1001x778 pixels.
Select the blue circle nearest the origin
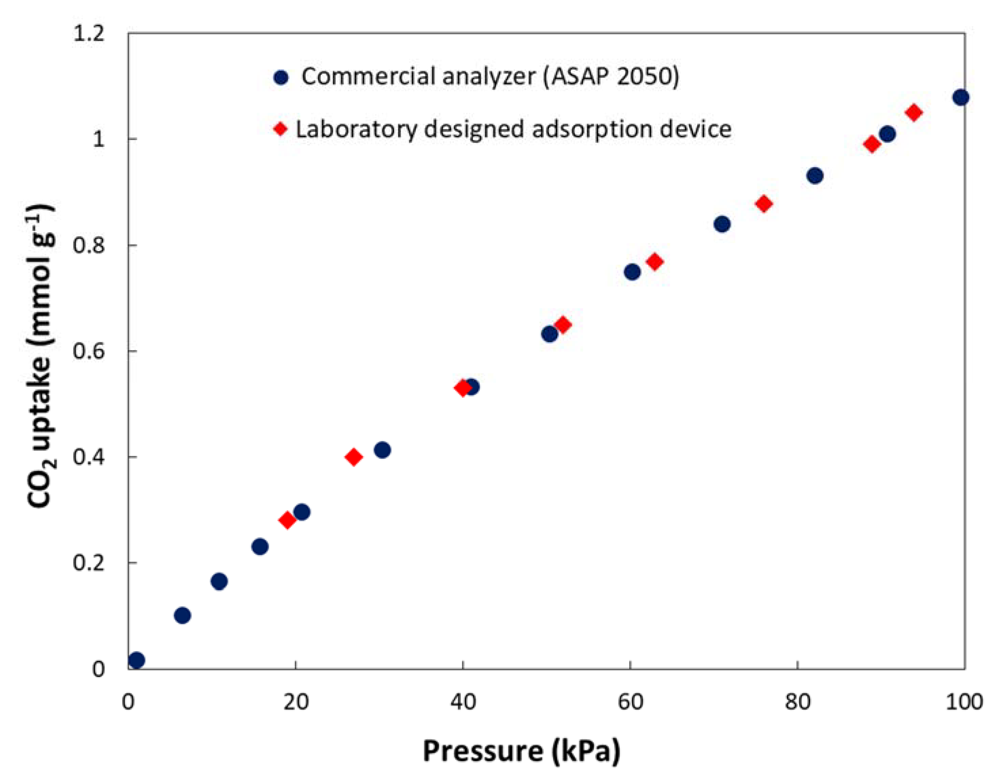click(137, 660)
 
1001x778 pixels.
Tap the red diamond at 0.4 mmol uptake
click(354, 457)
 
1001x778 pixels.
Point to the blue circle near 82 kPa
click(815, 176)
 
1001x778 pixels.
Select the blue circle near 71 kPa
click(722, 224)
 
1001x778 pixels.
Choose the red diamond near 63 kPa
click(655, 261)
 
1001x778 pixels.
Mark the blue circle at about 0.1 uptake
click(182, 615)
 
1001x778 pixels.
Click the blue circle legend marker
click(281, 77)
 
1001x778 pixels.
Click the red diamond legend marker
click(281, 129)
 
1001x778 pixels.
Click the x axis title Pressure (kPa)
click(522, 752)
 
